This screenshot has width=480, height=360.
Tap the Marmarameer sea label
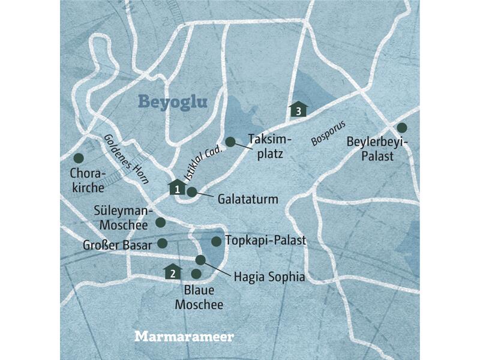point(184,336)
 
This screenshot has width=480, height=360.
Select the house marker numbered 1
point(176,188)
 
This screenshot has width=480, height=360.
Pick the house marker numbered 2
point(173,272)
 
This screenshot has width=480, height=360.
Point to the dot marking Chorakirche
point(77,158)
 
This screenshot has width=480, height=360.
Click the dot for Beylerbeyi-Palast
point(401,127)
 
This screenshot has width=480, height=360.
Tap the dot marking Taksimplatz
point(230,142)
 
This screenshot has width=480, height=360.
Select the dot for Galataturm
point(191,192)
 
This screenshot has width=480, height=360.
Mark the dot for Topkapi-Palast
point(216,241)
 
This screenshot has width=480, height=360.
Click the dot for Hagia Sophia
point(201,260)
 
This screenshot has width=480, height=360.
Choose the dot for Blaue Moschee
point(196,274)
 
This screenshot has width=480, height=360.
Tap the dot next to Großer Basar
point(161,243)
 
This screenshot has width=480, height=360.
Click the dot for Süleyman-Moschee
point(160,222)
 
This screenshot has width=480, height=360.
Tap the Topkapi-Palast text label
point(265,241)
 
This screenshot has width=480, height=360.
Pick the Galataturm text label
point(249,199)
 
